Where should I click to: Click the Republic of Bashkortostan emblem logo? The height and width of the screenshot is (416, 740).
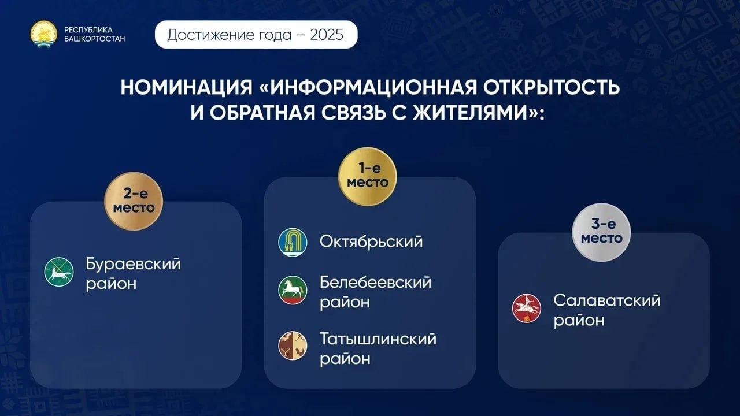coord(44,34)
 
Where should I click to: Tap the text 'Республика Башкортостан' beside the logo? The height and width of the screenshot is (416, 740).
coord(94,34)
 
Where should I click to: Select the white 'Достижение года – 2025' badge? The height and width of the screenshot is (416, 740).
coord(256,35)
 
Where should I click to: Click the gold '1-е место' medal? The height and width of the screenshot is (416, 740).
coord(367,176)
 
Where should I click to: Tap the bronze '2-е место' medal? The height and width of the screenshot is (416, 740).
coord(134,201)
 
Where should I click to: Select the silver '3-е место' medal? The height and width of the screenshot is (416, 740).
coord(601,232)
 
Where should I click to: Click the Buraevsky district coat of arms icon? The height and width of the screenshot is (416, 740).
coord(59,272)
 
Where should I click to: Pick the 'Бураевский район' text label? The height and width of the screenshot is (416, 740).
coord(134,274)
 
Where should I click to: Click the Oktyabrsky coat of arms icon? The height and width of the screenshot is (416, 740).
coord(293,242)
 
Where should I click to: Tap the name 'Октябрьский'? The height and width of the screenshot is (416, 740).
coord(371,242)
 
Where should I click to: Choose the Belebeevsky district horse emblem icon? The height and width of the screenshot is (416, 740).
coord(293,290)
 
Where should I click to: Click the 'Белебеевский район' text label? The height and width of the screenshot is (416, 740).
coord(376,292)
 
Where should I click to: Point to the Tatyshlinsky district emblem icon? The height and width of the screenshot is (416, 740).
coord(293,346)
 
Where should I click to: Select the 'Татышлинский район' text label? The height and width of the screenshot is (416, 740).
coord(378,348)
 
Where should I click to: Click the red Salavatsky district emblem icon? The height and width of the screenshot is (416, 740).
coord(527,309)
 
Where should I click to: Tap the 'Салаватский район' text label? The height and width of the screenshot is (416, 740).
coord(607,310)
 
